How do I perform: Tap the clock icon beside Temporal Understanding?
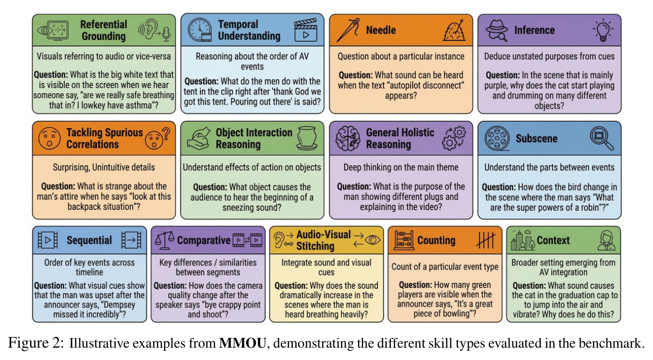[x=199, y=30]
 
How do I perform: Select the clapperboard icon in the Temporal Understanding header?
[x=306, y=30]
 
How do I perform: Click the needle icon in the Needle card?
[x=348, y=30]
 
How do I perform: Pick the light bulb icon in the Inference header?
[x=603, y=30]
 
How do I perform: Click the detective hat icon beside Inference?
[x=496, y=30]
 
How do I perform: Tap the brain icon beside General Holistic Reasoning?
[x=348, y=138]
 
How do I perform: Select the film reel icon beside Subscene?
[x=497, y=138]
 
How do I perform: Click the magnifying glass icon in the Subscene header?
[x=602, y=138]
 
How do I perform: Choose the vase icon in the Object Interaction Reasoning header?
[x=307, y=138]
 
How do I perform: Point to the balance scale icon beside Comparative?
[x=165, y=240]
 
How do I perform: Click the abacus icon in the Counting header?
[x=404, y=240]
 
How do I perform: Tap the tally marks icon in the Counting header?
[x=486, y=240]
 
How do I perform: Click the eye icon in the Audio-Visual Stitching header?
[x=372, y=240]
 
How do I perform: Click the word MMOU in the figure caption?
[x=242, y=343]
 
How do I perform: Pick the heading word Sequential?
[x=89, y=240]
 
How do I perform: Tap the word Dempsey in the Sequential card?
[x=118, y=305]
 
